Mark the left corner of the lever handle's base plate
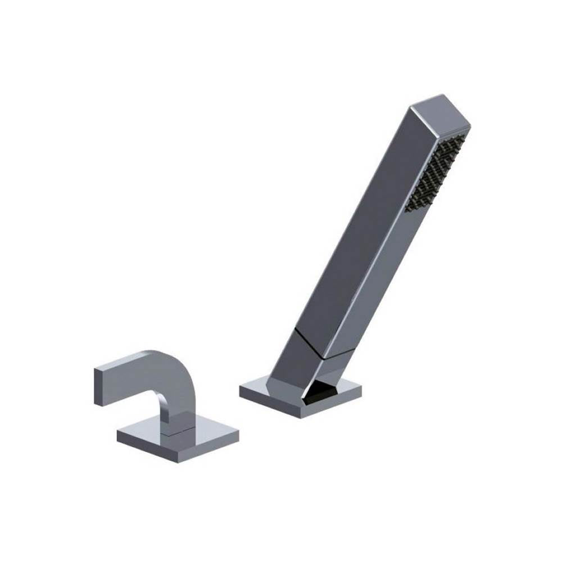119,433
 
